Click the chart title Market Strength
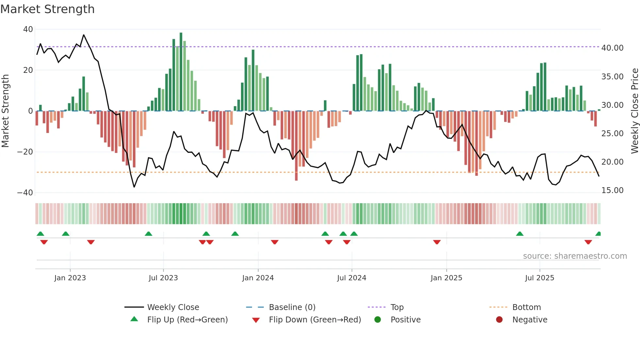[x=47, y=9]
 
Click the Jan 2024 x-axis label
[x=258, y=278]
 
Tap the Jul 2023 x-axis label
[x=163, y=278]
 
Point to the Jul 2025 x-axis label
[x=539, y=278]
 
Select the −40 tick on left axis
[x=25, y=193]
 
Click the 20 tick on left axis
[x=28, y=70]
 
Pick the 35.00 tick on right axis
[x=612, y=77]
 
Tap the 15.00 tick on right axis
[x=612, y=190]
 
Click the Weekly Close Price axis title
[x=634, y=111]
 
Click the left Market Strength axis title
[x=5, y=111]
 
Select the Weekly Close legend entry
[x=173, y=307]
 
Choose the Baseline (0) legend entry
[x=292, y=307]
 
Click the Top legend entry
[x=397, y=307]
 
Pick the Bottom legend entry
[x=526, y=307]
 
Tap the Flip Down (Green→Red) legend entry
[x=314, y=320]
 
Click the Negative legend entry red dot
[x=499, y=320]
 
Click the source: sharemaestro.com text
[x=575, y=256]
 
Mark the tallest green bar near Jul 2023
[x=181, y=72]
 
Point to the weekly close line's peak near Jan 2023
[x=84, y=35]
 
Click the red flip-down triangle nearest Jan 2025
[x=437, y=242]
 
